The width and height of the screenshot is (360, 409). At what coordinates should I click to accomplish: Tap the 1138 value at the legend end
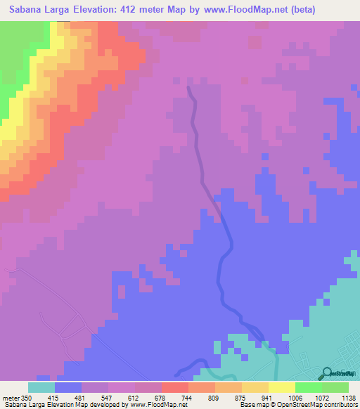click(x=347, y=397)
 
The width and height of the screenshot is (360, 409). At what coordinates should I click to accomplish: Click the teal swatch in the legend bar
click(x=41, y=387)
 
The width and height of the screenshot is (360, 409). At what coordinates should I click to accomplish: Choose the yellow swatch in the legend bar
click(x=281, y=387)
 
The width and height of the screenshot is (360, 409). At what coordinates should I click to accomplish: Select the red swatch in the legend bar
click(x=174, y=387)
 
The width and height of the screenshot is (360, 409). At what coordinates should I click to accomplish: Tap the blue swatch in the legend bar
click(x=68, y=387)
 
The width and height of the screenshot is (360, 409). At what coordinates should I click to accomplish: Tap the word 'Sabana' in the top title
click(x=26, y=10)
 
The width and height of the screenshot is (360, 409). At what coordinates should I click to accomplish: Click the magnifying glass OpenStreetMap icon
click(x=328, y=372)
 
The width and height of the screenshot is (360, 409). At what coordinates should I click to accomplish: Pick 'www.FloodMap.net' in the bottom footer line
click(x=155, y=405)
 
